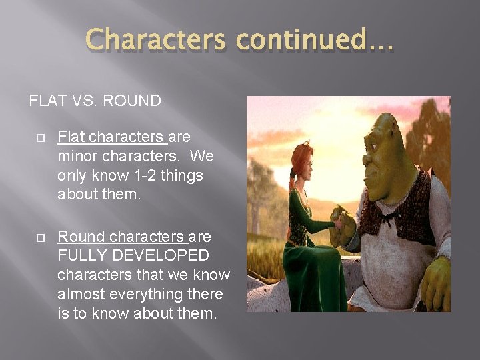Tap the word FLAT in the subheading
(x=47, y=101)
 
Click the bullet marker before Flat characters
(x=40, y=137)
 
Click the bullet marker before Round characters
(x=40, y=237)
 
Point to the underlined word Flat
(x=71, y=137)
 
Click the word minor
(x=77, y=157)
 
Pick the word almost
(x=78, y=294)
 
